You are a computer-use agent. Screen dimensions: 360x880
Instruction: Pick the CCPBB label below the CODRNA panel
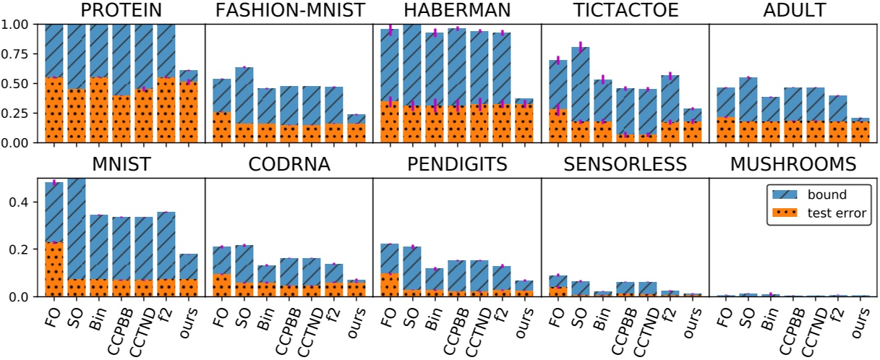click(x=286, y=325)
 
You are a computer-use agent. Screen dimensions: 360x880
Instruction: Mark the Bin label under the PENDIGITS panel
click(x=431, y=314)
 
